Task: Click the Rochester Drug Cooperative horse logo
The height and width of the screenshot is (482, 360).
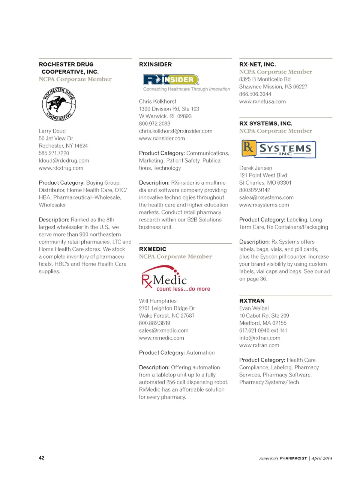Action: [59, 105]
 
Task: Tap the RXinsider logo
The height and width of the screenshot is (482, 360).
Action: [171, 80]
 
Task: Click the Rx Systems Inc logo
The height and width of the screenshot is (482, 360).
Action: [278, 149]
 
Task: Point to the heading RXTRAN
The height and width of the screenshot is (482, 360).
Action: [252, 301]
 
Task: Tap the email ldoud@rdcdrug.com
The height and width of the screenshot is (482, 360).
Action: [64, 160]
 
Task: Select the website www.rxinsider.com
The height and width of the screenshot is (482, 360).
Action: [162, 138]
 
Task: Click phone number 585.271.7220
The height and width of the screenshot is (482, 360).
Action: [54, 153]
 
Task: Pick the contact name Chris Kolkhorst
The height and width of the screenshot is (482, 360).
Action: [157, 101]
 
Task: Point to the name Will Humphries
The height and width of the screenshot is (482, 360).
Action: [157, 301]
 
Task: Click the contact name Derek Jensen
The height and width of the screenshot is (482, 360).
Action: [256, 168]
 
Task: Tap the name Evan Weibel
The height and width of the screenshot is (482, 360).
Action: [254, 308]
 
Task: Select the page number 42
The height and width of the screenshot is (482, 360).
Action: [42, 458]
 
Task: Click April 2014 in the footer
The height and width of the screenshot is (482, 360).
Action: [322, 458]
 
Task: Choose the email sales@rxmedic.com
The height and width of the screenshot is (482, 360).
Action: [163, 330]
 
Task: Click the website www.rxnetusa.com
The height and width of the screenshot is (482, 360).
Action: [262, 101]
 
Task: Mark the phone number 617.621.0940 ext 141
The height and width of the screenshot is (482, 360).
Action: [263, 330]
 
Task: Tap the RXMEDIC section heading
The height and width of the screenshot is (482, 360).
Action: [153, 249]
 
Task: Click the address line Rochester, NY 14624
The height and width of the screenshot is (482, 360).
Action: [63, 146]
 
